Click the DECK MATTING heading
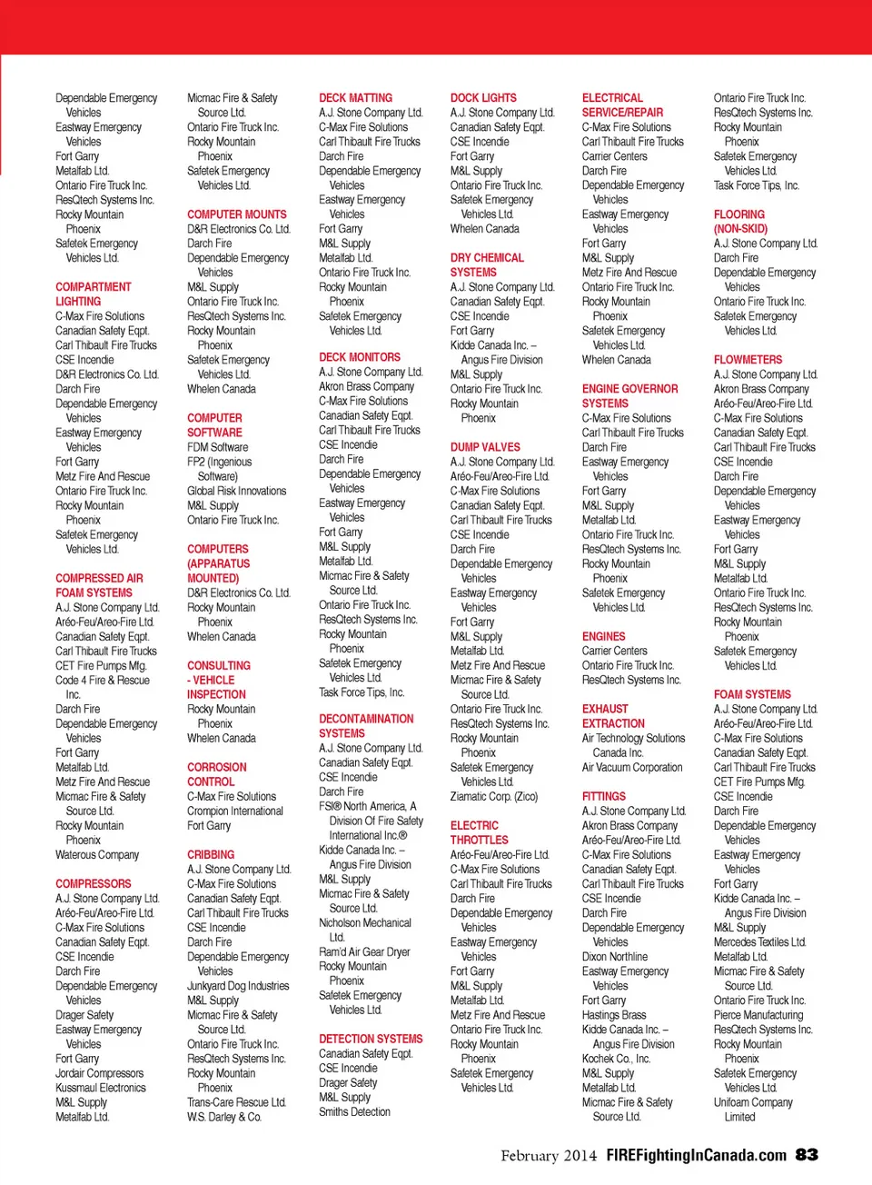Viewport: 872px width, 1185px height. [355, 98]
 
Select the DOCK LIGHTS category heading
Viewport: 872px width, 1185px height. [483, 98]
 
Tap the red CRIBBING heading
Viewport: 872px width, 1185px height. [211, 855]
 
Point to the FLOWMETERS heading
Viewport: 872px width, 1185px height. [748, 360]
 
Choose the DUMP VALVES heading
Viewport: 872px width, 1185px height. [485, 447]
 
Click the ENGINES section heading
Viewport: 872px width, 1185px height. [603, 637]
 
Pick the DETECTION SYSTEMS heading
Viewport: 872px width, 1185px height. [371, 1039]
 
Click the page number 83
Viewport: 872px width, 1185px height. [807, 1155]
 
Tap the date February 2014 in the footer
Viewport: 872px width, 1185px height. [549, 1156]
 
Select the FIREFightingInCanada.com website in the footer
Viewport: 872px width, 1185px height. [696, 1156]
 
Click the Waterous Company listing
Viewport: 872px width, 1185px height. [97, 855]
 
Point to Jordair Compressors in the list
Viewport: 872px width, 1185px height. [99, 1073]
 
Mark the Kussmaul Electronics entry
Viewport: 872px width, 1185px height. [100, 1088]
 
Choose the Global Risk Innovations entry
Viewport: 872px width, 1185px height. [236, 491]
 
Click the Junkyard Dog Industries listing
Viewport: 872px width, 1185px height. [238, 986]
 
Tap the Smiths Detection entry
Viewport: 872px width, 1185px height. [354, 1111]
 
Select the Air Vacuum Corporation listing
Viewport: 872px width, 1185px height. [632, 768]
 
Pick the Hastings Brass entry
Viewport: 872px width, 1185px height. [614, 1015]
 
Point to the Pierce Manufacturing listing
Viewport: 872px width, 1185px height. [758, 1015]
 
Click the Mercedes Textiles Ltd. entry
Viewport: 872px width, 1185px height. [759, 942]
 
